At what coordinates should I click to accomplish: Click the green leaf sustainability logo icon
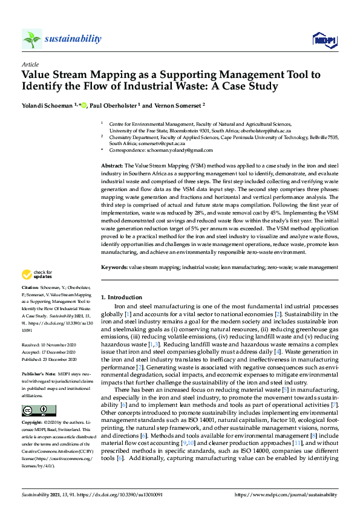pyautogui.click(x=31, y=39)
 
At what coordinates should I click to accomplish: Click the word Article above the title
pyautogui.click(x=30, y=64)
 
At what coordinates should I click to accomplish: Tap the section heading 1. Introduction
pyautogui.click(x=121, y=297)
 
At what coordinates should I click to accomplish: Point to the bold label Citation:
pyautogui.click(x=30, y=287)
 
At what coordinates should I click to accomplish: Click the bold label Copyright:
pyautogui.click(x=33, y=423)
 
